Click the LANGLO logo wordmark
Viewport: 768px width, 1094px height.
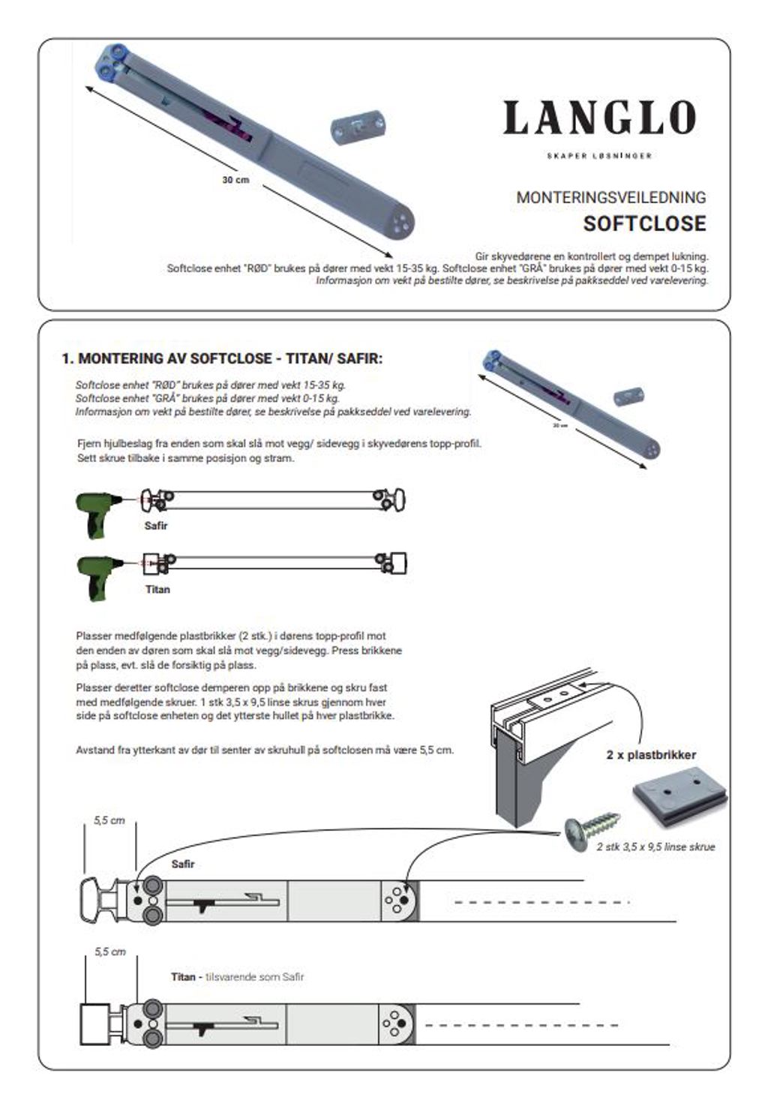coord(599,118)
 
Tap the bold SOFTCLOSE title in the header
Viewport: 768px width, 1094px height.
coord(644,223)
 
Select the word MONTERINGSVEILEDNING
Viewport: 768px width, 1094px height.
coord(610,197)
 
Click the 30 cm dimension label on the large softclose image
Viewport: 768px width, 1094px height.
coord(235,180)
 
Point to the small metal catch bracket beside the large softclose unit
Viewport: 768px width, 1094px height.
coord(357,129)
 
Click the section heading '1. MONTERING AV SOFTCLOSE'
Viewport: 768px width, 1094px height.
coord(221,358)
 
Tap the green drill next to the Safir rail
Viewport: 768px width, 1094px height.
coord(97,512)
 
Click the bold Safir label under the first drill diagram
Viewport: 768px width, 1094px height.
coord(156,526)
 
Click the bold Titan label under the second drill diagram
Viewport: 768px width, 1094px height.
coord(157,589)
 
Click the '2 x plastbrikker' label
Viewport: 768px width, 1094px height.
coord(651,755)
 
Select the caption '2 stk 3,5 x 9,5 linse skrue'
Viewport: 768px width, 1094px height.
coord(655,847)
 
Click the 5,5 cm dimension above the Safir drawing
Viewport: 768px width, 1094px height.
coord(109,820)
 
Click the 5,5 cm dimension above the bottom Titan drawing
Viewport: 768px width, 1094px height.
coord(109,952)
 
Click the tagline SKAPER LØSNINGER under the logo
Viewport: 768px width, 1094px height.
coord(599,156)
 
